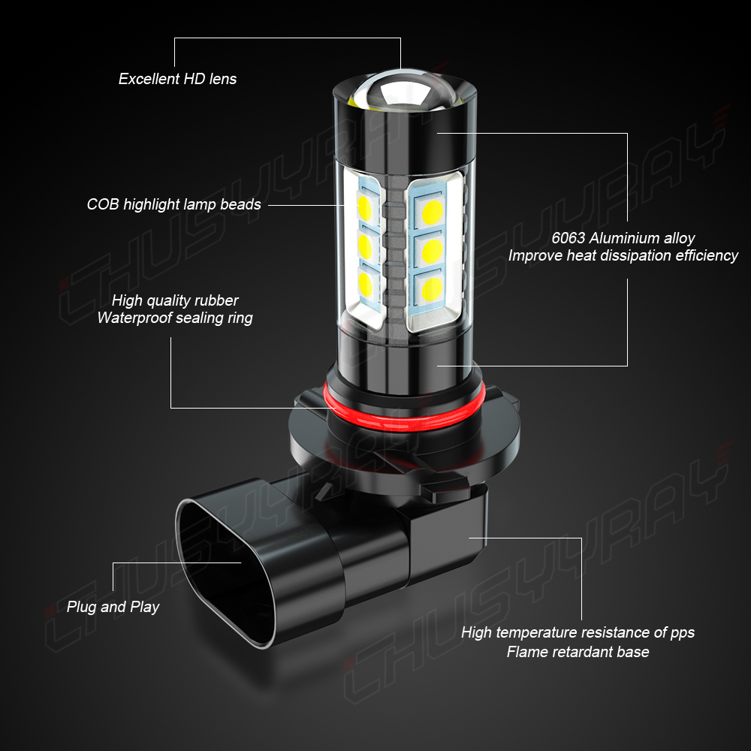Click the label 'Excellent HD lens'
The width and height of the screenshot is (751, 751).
coord(177,79)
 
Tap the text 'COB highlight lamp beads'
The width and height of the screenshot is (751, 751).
coord(174,204)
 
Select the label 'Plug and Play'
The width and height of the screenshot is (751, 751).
coord(113,607)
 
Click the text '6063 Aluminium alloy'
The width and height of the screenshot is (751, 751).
coord(623,238)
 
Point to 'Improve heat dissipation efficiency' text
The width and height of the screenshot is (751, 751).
coord(623,255)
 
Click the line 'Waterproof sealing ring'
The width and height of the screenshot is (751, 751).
coord(175,318)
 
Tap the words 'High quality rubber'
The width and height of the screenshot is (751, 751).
coord(175,300)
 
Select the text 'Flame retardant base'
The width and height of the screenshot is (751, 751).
coord(578,651)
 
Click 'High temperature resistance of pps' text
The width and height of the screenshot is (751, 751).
coord(578,632)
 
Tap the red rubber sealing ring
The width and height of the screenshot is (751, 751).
coord(405,416)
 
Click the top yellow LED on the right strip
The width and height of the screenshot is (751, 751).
coord(432,213)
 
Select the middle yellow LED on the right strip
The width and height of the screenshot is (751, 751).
coord(432,251)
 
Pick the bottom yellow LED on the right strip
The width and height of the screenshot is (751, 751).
coord(432,289)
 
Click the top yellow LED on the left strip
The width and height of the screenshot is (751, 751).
coord(364,208)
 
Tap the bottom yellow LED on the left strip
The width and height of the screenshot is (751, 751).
coord(364,284)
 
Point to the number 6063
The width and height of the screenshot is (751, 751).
coord(568,238)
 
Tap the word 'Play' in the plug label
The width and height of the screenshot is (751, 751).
coord(145,607)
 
